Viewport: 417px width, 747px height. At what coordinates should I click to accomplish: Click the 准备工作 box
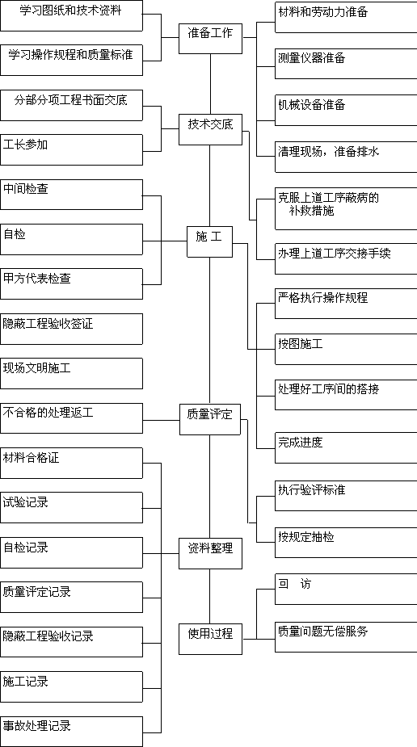point(211,38)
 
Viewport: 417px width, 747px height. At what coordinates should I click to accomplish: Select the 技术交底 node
point(210,129)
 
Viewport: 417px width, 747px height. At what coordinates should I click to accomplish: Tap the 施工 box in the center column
point(209,242)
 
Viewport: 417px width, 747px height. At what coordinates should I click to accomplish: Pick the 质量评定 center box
point(210,419)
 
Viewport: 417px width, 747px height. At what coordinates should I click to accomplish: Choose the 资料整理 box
point(210,553)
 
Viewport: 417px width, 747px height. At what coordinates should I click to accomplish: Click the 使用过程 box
point(210,638)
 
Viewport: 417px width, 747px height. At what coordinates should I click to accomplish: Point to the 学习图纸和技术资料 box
point(71,15)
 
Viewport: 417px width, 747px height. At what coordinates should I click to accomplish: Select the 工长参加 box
point(71,149)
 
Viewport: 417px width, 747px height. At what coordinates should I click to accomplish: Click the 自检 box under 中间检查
point(71,239)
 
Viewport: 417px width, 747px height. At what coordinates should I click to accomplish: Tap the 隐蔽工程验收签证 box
point(71,329)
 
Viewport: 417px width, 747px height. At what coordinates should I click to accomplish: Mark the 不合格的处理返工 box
point(71,418)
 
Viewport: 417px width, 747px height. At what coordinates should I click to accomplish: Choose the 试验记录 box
point(71,507)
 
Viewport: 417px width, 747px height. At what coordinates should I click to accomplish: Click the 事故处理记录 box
point(71,732)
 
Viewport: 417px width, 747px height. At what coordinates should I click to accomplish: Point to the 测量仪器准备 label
point(312,59)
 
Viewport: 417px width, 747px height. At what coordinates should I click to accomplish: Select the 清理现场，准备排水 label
point(329,152)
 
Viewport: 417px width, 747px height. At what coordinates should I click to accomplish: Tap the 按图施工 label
point(301,343)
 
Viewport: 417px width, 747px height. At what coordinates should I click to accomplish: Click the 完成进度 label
point(301,442)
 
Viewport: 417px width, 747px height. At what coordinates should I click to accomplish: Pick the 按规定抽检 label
point(306,537)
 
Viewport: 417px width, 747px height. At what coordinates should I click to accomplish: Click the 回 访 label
point(294,584)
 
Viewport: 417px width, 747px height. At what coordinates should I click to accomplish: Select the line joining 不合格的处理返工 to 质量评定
point(161,420)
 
